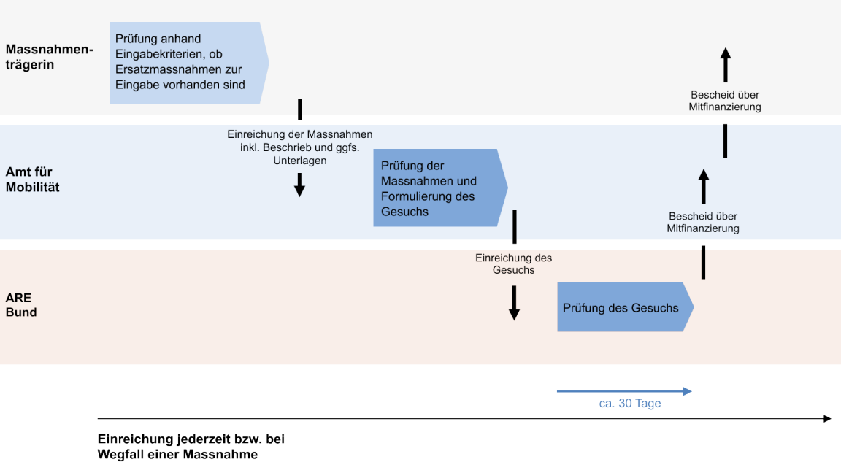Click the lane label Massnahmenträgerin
(x=50, y=57)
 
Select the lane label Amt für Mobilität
(x=34, y=180)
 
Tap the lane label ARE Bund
(x=21, y=305)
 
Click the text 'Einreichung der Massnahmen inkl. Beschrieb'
(x=299, y=147)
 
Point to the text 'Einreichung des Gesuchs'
(x=513, y=263)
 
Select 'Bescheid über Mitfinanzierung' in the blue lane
(x=703, y=222)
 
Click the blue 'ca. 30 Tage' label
(x=629, y=404)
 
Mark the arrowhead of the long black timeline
(x=827, y=418)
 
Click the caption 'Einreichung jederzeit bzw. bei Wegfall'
(x=191, y=447)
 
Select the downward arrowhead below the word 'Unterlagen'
(x=299, y=190)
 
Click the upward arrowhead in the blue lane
(x=703, y=174)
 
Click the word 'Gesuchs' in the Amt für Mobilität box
(x=404, y=212)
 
